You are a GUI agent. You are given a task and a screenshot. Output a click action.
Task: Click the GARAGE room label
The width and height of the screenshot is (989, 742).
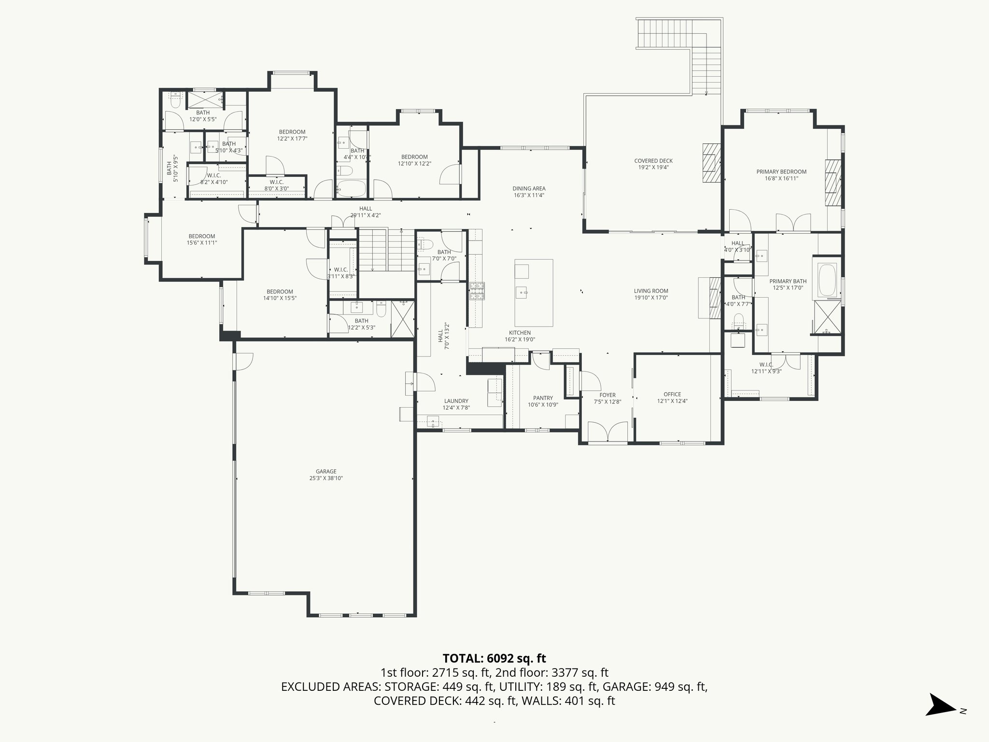pos(326,471)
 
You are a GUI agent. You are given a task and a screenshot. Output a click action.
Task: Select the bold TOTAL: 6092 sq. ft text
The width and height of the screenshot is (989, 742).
pos(494,658)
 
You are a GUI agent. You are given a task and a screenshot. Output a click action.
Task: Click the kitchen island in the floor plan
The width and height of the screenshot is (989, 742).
pos(534,293)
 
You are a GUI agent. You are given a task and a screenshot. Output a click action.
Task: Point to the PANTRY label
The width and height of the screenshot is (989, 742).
pos(543,398)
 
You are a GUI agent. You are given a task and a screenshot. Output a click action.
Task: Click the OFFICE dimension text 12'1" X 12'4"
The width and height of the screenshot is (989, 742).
pos(672,401)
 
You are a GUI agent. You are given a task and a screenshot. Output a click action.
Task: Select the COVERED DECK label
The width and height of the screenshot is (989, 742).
pos(653,161)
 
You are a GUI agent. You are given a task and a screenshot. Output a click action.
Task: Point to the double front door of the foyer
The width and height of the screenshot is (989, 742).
pos(608,431)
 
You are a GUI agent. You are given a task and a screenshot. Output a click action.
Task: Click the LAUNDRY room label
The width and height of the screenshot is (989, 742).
pos(456,401)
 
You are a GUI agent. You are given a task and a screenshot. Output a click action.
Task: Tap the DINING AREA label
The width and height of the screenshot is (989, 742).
pos(529,188)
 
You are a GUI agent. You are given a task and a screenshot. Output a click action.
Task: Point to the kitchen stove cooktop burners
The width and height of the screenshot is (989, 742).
pos(477,292)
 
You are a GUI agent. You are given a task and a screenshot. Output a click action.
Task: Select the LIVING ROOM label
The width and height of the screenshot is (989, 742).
pos(651,291)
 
